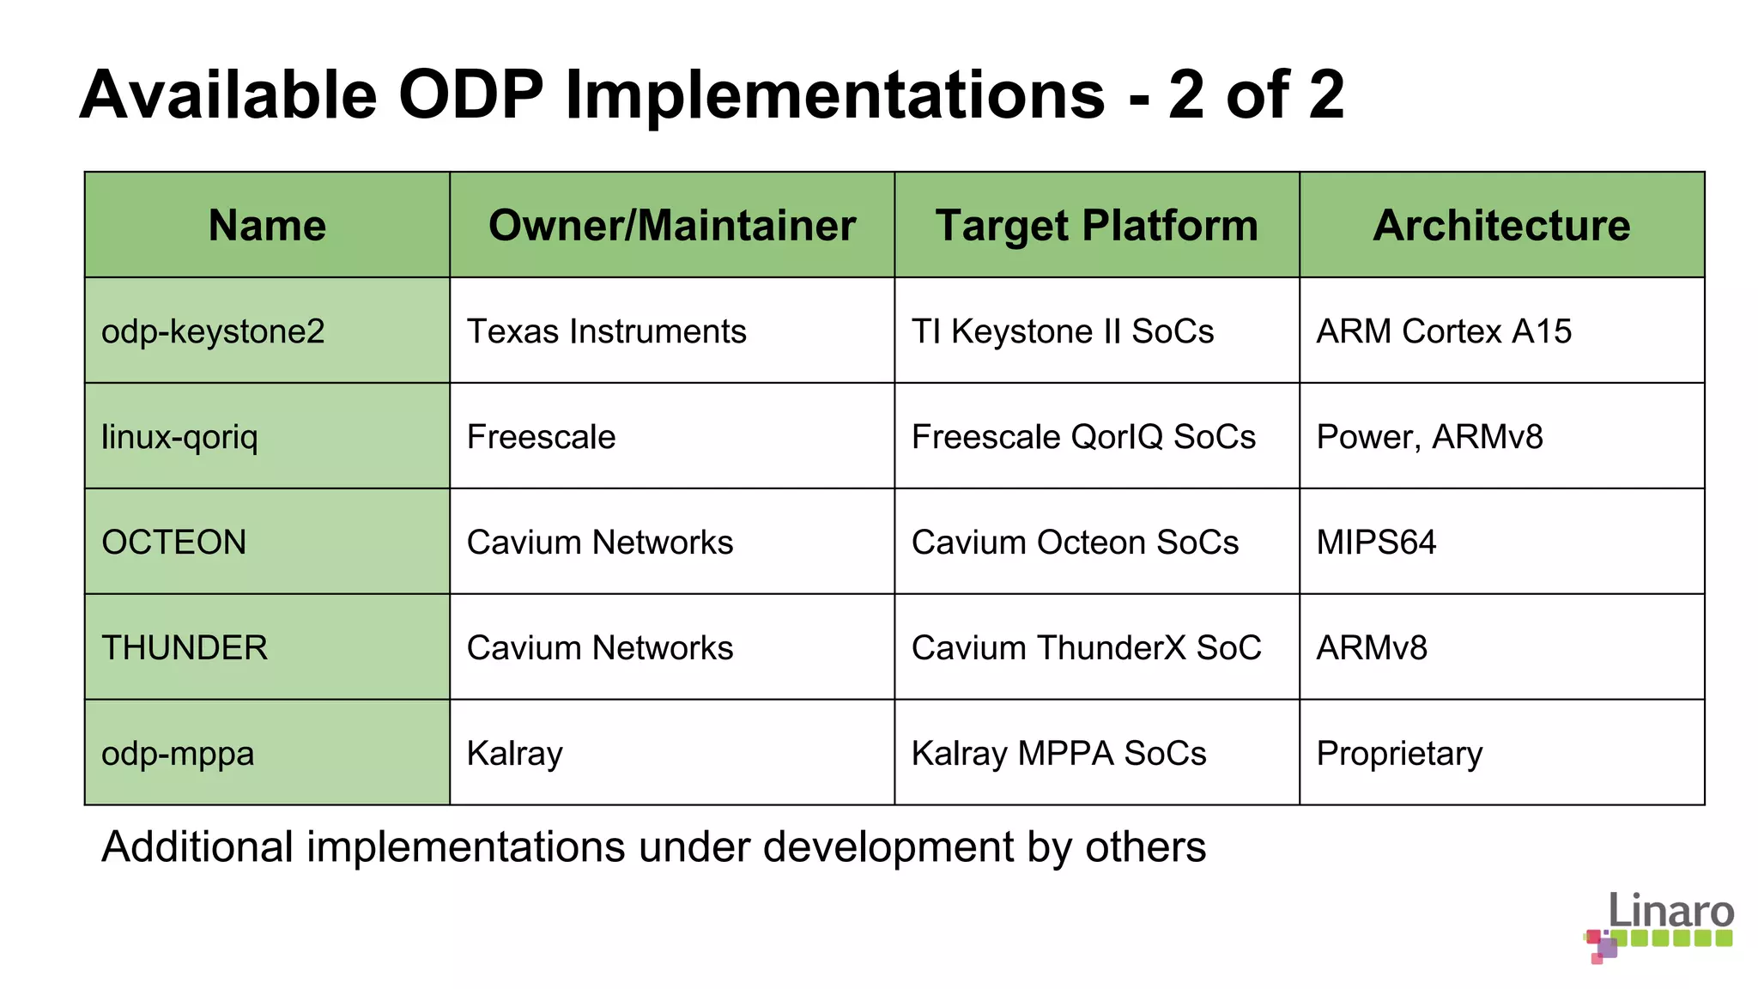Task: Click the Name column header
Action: coord(267,226)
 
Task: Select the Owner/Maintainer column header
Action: coord(672,226)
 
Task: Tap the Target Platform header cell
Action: coord(1096,226)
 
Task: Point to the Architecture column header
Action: coord(1501,226)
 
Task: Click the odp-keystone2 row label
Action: coord(213,331)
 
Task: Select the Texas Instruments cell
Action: coord(606,331)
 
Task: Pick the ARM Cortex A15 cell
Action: coord(1444,331)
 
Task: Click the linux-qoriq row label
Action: coord(179,437)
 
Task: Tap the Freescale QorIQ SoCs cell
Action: coord(1083,437)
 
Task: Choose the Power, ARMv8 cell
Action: coord(1429,437)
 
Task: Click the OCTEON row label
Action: coord(174,543)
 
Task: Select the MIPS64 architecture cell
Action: coord(1376,543)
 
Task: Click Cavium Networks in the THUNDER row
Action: coord(600,648)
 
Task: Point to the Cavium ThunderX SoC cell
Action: coord(1086,648)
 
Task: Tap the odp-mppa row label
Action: coord(178,754)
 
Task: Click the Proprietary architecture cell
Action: coord(1399,754)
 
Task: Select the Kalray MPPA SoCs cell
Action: coord(1058,754)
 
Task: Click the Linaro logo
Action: coord(1658,927)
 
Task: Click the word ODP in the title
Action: coord(470,94)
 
